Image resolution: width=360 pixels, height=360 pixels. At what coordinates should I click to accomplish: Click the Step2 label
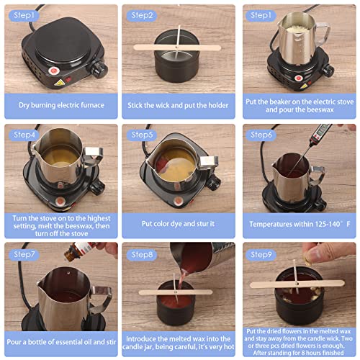143,14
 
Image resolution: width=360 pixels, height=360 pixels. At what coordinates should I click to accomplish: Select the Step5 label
143,134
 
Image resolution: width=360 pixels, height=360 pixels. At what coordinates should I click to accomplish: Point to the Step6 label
261,134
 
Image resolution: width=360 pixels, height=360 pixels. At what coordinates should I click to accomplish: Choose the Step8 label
143,253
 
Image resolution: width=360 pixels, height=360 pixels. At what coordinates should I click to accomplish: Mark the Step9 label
261,253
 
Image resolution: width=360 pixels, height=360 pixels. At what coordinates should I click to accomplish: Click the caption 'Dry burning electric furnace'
60,105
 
